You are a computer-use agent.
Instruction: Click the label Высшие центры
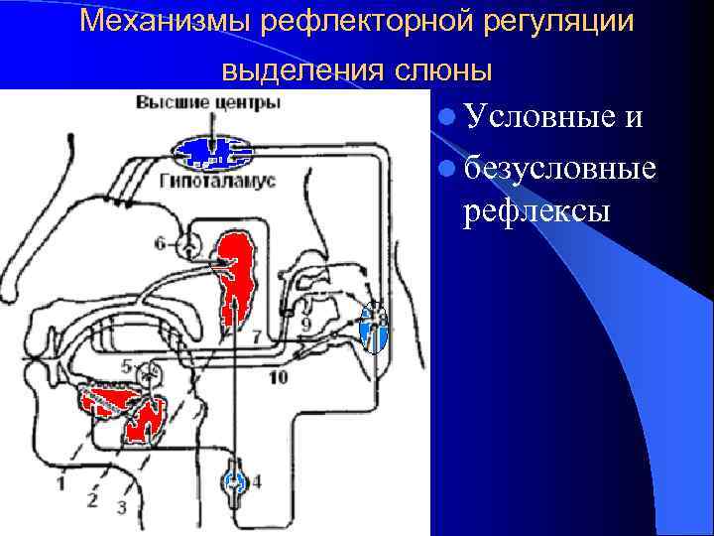[207, 103]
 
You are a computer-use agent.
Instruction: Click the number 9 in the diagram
[306, 325]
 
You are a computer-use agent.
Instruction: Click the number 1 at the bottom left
[60, 483]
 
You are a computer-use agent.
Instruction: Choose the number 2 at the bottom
[91, 499]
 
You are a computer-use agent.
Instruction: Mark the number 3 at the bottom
[121, 507]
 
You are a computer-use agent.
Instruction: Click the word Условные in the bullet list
[539, 117]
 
